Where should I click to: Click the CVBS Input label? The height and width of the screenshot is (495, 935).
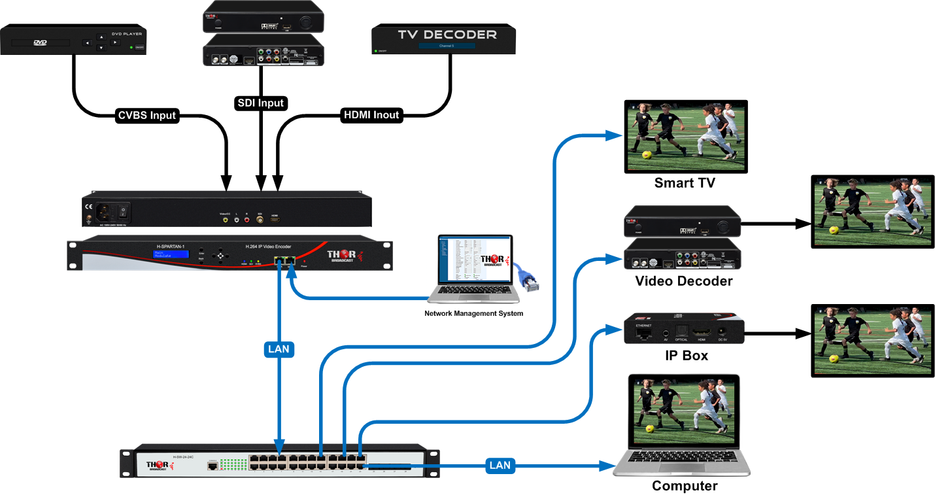[x=146, y=115]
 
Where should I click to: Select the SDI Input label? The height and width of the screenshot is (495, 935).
[x=260, y=103]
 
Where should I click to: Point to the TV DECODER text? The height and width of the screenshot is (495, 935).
[x=447, y=35]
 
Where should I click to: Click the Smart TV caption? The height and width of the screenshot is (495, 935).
[x=685, y=183]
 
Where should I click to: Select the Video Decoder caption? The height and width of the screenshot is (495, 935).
[x=684, y=281]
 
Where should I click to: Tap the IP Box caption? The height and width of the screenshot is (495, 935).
[x=685, y=356]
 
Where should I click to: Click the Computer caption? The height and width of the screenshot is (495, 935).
[x=685, y=486]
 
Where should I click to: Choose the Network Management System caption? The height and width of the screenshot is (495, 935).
[x=474, y=314]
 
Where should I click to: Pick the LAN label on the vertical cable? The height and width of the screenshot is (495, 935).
[x=280, y=350]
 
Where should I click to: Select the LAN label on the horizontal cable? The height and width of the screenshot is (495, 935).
[x=500, y=466]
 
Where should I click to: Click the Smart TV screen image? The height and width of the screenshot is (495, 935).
[x=685, y=136]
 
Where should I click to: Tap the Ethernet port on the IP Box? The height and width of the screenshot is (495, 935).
[x=644, y=333]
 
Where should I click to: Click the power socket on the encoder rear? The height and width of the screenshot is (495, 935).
[x=105, y=212]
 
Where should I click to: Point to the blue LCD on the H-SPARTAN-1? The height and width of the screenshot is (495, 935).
[x=168, y=254]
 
